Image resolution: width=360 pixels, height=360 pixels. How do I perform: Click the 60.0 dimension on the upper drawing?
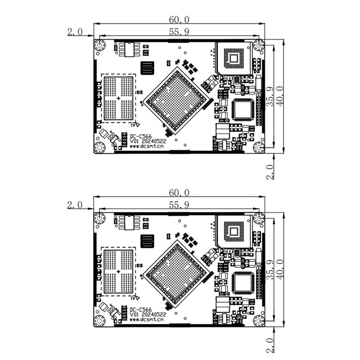(179, 20)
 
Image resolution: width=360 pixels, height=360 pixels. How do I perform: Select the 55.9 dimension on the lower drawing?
(179, 205)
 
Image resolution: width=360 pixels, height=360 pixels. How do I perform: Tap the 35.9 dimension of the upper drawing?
(270, 96)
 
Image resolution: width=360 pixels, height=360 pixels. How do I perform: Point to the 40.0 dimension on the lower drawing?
(280, 269)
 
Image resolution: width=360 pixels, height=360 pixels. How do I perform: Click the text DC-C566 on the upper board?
(141, 137)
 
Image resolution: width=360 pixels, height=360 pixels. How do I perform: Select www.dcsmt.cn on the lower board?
(147, 319)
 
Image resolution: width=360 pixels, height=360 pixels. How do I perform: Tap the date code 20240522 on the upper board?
(154, 141)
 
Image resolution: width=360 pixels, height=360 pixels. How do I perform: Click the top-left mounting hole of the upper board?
(99, 45)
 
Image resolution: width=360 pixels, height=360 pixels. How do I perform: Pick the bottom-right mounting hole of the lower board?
(259, 320)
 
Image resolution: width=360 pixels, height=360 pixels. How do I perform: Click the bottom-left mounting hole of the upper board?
(99, 148)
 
